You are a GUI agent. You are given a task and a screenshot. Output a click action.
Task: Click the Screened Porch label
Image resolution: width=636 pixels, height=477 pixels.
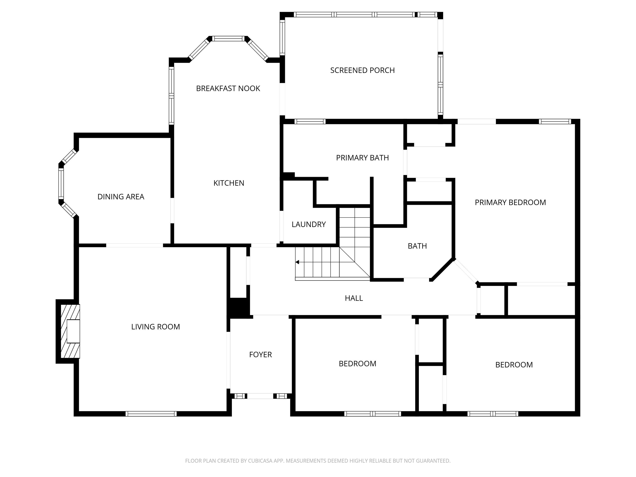(362, 70)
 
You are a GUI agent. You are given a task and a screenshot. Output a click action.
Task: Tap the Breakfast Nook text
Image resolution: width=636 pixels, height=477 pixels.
(228, 89)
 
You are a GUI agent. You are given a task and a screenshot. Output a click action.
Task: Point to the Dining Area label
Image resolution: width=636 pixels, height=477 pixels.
(121, 197)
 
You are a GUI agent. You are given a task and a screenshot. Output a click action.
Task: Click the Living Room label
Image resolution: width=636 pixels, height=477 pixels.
(156, 327)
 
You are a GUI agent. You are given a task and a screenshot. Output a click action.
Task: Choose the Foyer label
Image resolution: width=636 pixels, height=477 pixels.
(261, 355)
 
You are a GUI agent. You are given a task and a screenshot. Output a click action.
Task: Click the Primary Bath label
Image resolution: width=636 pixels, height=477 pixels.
(362, 158)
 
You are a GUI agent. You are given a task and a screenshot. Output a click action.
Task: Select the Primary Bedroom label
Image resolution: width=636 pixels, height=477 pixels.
(510, 203)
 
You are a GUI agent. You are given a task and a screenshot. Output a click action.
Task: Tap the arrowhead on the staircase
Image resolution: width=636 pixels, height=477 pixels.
(297, 262)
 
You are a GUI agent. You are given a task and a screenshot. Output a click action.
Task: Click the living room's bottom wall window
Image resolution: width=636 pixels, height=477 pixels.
(151, 414)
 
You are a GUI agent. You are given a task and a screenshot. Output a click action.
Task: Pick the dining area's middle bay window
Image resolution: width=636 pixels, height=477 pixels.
(61, 183)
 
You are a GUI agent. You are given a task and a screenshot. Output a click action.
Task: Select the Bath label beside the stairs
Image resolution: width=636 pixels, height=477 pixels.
(417, 246)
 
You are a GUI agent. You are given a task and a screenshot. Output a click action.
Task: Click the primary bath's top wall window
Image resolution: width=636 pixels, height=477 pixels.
(310, 122)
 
